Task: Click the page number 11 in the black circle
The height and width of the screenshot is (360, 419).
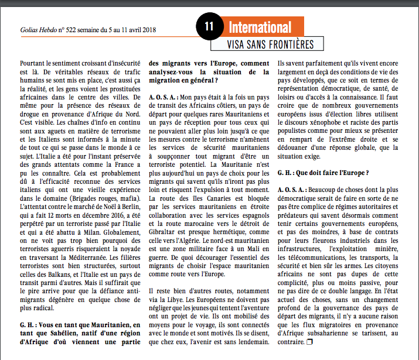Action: click(x=209, y=26)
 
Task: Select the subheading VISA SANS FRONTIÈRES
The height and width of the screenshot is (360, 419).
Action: click(x=270, y=44)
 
